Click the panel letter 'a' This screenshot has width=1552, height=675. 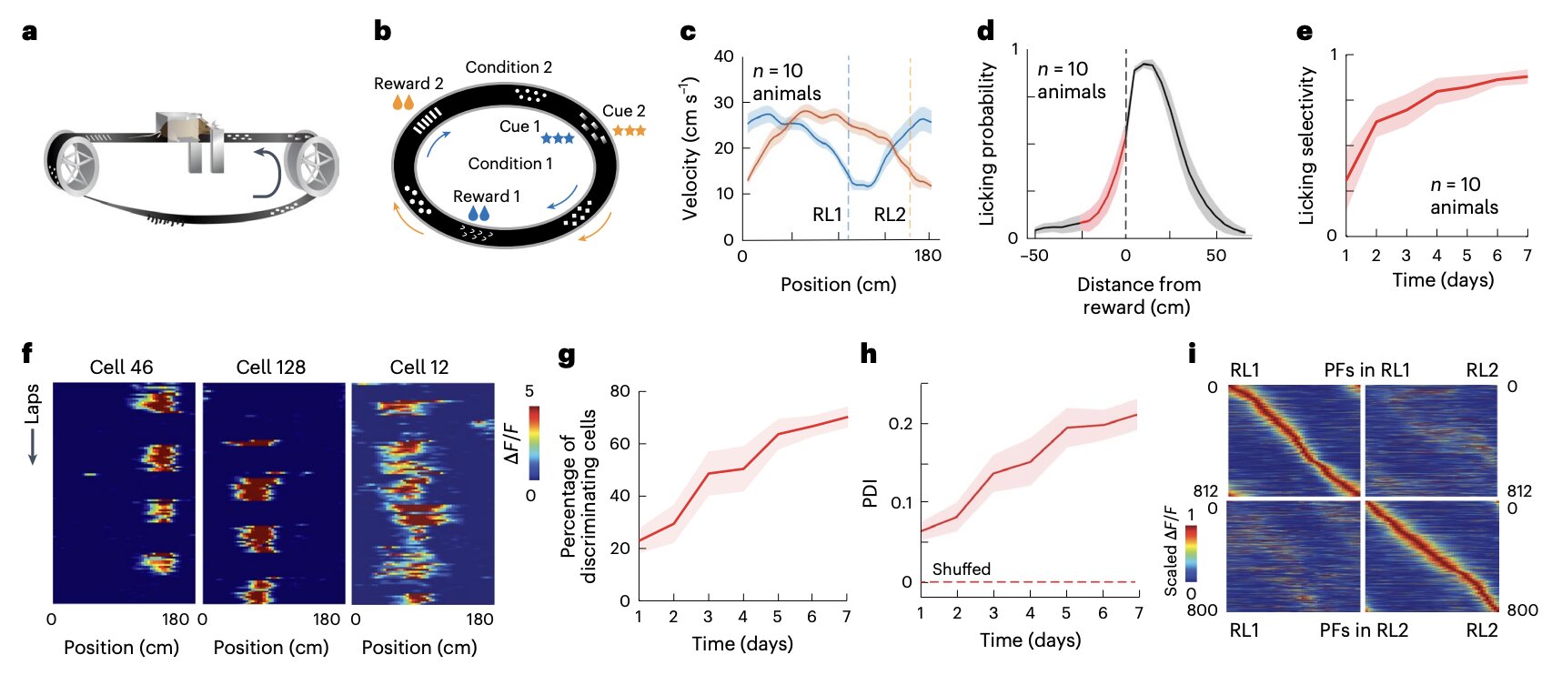[x=30, y=33]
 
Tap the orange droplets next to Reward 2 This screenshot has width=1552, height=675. [x=403, y=102]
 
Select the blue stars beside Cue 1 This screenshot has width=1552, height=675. [x=558, y=139]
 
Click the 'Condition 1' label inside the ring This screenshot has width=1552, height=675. [x=510, y=164]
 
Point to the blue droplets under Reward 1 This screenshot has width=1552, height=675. [x=479, y=214]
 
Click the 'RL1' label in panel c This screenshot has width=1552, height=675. [x=827, y=215]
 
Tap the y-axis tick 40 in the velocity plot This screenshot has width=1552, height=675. [x=724, y=56]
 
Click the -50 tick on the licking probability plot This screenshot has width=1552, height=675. [x=1034, y=256]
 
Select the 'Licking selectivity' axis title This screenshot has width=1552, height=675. [x=1306, y=146]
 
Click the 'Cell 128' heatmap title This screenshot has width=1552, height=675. [x=271, y=368]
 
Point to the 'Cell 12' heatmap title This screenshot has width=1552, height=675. [x=419, y=368]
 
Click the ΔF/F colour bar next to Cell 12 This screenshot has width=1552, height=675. [x=534, y=443]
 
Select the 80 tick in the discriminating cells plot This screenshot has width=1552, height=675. [x=620, y=391]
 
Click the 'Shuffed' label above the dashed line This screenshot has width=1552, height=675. [x=961, y=569]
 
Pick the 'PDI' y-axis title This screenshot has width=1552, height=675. [x=871, y=493]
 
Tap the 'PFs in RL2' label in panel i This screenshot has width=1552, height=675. [x=1364, y=630]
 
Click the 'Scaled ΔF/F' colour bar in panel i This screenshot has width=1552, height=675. [x=1191, y=553]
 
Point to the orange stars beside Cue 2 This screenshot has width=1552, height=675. [x=629, y=131]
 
